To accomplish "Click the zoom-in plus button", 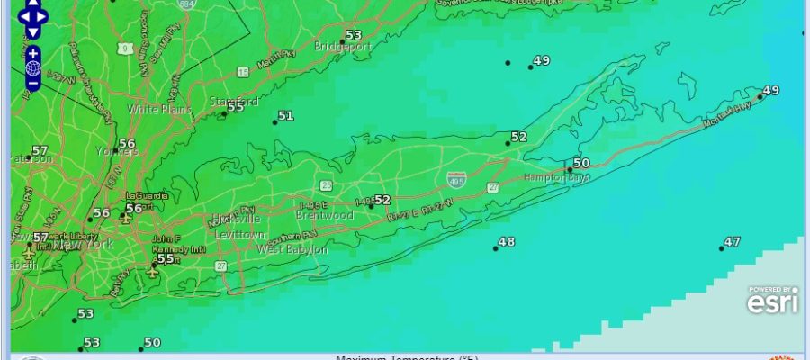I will [x=32, y=53].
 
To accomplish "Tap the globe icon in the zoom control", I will [x=32, y=68].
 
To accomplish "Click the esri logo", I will [x=772, y=302].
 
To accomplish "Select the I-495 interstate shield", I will [x=456, y=179].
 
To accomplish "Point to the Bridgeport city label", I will [x=343, y=45].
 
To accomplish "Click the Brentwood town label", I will [x=324, y=215].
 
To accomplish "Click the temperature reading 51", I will [x=285, y=116].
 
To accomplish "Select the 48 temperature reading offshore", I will [x=507, y=242].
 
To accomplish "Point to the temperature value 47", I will [x=732, y=242].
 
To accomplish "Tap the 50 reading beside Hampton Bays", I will [x=580, y=163].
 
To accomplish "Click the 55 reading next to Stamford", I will [x=235, y=106].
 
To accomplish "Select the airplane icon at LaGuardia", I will [x=125, y=217].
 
